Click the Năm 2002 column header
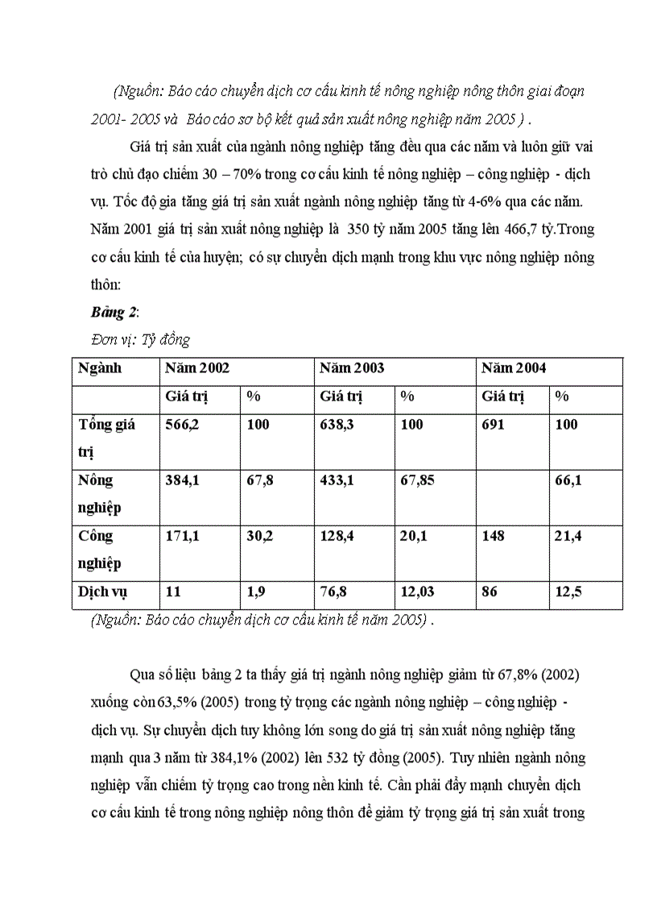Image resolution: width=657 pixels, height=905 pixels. coord(197,368)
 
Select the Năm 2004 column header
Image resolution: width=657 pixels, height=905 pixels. coord(514,368)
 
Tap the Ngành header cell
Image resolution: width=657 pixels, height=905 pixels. coord(100,368)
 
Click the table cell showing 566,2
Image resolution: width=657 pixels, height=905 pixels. coord(182,425)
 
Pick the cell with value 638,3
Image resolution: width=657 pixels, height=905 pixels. coord(337,425)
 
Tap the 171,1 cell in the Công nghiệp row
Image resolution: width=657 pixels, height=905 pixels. coord(182,536)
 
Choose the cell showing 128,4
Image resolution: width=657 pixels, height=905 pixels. coord(337,536)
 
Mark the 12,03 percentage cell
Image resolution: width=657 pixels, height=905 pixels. coord(418,592)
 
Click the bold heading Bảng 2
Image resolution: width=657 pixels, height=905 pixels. coord(114,312)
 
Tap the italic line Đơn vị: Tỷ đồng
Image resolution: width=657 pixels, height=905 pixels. coord(140,338)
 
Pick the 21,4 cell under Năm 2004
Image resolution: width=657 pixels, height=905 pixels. coord(568,536)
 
